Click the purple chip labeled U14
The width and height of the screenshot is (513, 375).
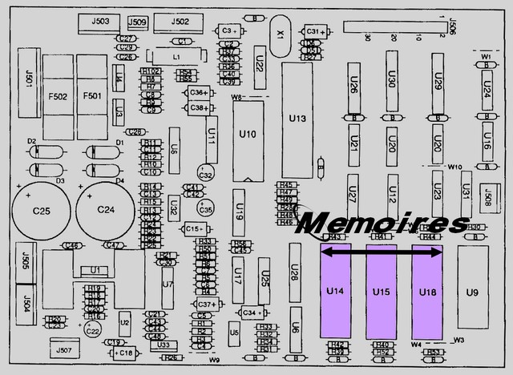pos(335,292)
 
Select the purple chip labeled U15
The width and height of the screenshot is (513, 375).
pos(381,292)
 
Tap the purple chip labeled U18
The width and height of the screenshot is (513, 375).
pos(427,292)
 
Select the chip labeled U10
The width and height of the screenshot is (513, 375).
pos(248,134)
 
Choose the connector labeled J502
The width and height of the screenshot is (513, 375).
pos(180,22)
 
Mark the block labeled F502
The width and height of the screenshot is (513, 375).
pos(58,96)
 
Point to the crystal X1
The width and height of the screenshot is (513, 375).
pos(280,35)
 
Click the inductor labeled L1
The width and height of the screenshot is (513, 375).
pos(176,56)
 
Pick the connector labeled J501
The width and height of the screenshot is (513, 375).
pos(30,79)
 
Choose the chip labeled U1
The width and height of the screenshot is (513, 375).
pos(95,270)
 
